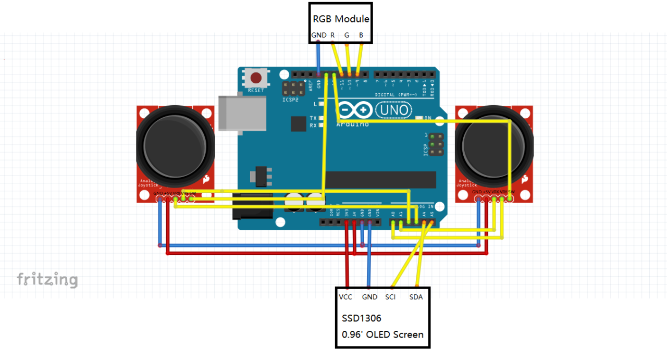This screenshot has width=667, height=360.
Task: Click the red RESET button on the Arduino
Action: click(x=256, y=79)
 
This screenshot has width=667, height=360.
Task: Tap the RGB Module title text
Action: click(x=341, y=19)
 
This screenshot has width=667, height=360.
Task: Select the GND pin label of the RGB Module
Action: click(x=319, y=35)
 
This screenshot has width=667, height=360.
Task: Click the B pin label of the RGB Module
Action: click(x=361, y=35)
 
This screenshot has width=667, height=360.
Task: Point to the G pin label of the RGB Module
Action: click(x=347, y=35)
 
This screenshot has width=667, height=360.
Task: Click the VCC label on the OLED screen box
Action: click(x=345, y=297)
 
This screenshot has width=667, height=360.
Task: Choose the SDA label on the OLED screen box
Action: click(x=416, y=297)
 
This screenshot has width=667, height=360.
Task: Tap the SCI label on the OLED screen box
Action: click(x=390, y=297)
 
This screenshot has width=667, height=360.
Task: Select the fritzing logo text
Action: click(x=47, y=280)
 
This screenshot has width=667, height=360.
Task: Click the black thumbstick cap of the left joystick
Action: click(x=175, y=147)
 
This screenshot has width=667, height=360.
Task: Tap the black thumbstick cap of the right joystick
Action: click(x=494, y=147)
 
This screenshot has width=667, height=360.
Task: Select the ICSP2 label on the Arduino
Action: click(x=290, y=99)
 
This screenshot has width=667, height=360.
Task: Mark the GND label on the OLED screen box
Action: click(x=369, y=297)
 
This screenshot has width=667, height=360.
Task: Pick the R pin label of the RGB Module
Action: click(x=332, y=35)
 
